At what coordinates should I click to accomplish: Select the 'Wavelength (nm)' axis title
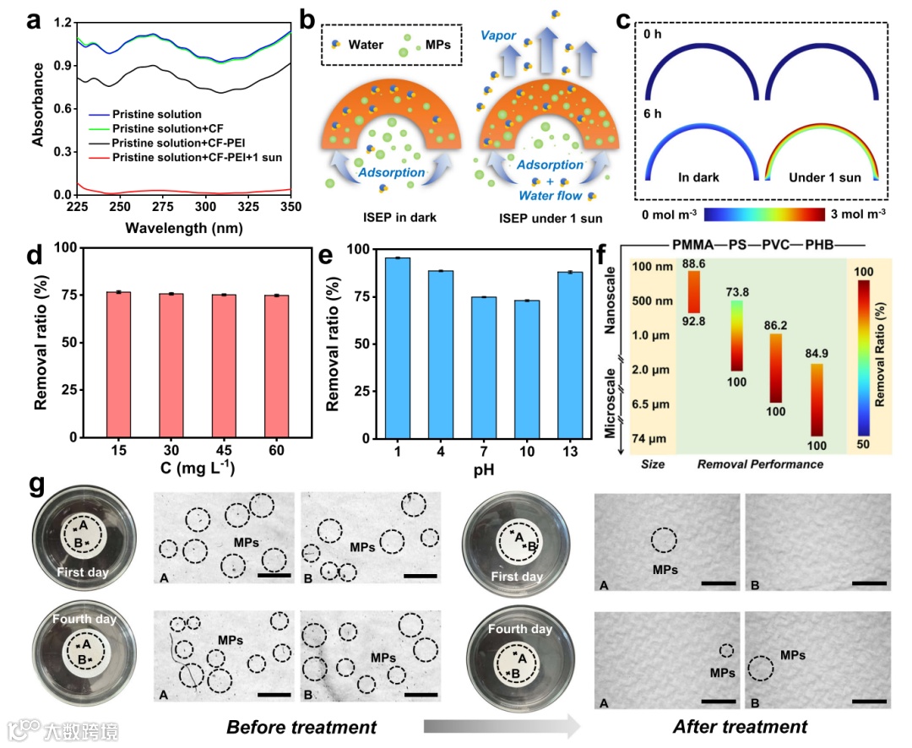tap(183, 228)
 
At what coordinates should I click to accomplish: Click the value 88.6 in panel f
tap(695, 264)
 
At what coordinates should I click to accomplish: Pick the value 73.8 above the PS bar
tap(737, 292)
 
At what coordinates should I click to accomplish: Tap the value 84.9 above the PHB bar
tap(816, 356)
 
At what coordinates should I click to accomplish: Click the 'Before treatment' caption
tap(301, 726)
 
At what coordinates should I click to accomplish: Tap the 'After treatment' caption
tap(739, 726)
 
